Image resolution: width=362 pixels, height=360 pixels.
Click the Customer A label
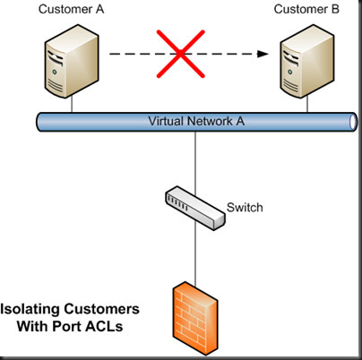click(x=72, y=9)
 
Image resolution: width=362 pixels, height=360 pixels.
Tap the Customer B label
click(x=306, y=9)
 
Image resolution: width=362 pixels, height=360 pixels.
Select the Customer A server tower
click(x=72, y=61)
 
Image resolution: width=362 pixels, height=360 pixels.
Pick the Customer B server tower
click(x=307, y=61)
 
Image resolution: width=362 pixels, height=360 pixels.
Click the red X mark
click(x=181, y=54)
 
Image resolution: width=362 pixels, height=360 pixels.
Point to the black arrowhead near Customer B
click(x=263, y=54)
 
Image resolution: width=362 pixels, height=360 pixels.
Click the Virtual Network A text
click(x=196, y=121)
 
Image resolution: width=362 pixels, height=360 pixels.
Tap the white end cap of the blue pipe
click(x=353, y=122)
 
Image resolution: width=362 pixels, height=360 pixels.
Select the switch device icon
click(x=195, y=208)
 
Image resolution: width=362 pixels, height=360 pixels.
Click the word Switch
click(x=245, y=208)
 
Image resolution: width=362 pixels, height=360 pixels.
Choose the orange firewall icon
click(x=195, y=319)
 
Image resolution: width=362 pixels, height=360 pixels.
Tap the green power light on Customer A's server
click(x=55, y=72)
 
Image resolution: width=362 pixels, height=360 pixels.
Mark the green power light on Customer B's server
click(x=289, y=72)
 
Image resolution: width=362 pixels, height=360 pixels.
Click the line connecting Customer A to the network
click(x=72, y=105)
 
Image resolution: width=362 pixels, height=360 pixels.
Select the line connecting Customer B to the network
click(x=307, y=105)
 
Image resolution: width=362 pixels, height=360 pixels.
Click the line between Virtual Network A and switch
click(x=195, y=163)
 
